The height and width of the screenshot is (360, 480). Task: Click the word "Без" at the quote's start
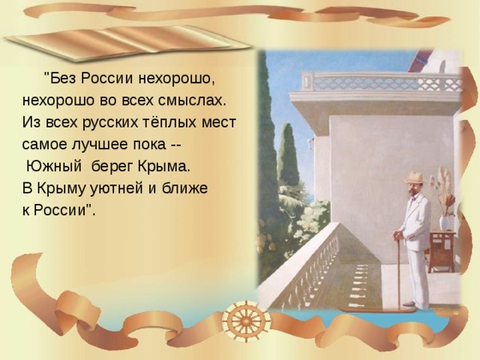click(62, 79)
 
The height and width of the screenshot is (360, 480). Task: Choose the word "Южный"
click(54, 166)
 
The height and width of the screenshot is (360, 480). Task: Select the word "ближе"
click(184, 188)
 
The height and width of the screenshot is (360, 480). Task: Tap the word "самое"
click(44, 145)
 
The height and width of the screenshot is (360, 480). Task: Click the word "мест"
click(218, 123)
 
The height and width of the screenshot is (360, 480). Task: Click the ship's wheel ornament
click(246, 320)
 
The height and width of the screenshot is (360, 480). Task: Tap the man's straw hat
click(415, 178)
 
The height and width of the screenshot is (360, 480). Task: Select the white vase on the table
click(445, 223)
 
